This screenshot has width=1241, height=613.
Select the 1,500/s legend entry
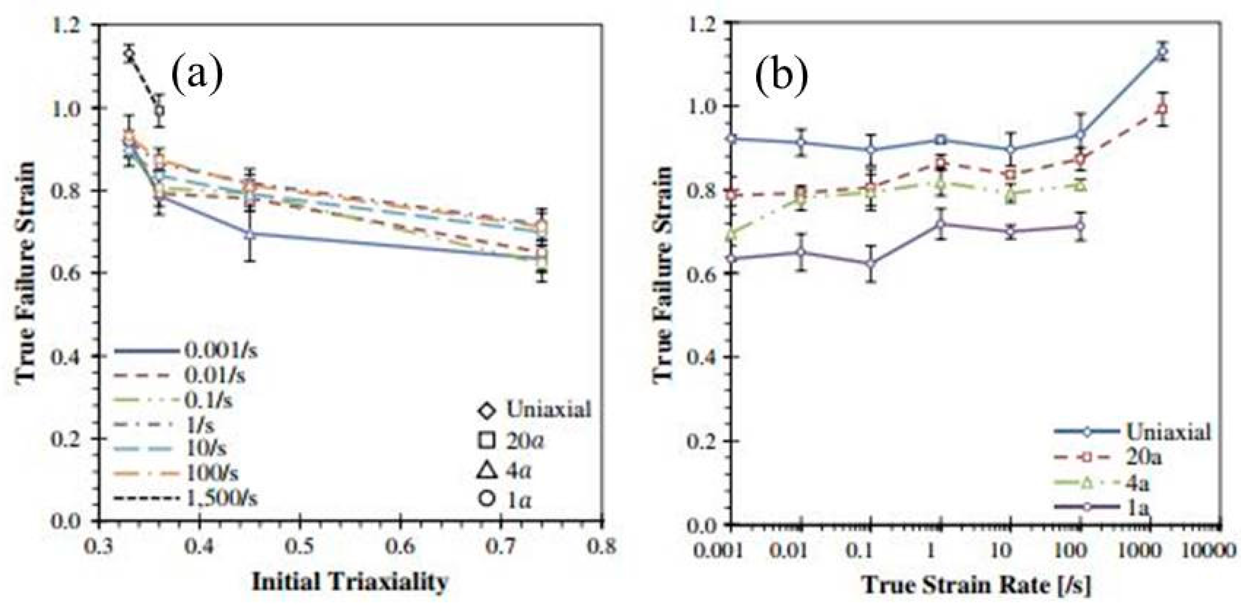point(186,498)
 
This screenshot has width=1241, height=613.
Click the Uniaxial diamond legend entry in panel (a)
point(534,410)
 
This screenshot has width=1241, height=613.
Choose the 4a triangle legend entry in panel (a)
point(503,471)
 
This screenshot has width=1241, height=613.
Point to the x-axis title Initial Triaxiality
point(350,582)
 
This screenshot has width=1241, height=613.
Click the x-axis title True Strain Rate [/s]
point(976,585)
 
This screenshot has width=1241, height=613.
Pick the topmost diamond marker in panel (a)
point(129,54)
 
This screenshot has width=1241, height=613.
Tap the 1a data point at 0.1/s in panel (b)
point(870,263)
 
